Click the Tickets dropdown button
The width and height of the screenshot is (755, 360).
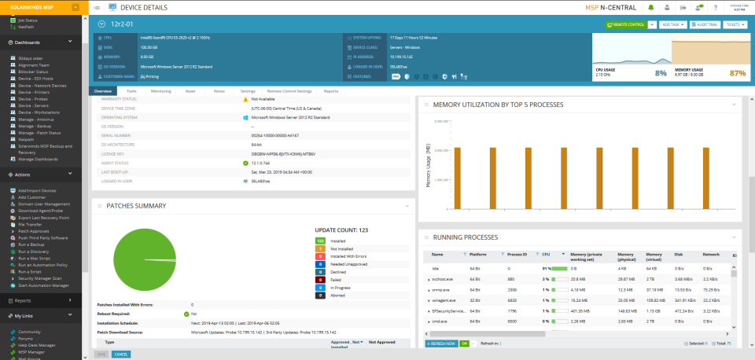(x=735, y=24)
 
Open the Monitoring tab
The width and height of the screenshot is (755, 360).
(x=161, y=91)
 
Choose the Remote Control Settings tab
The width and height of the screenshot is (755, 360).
(x=289, y=91)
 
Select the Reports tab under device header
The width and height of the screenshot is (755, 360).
(x=331, y=91)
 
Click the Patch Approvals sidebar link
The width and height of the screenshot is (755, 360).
(x=34, y=230)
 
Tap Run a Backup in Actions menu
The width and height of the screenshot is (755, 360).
(x=31, y=244)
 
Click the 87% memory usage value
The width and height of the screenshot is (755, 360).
(x=737, y=73)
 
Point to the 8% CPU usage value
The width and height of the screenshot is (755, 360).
(x=661, y=73)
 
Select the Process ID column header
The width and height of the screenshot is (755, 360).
(x=517, y=255)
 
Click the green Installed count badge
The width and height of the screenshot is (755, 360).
(x=320, y=240)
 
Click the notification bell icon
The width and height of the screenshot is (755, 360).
(x=651, y=7)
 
